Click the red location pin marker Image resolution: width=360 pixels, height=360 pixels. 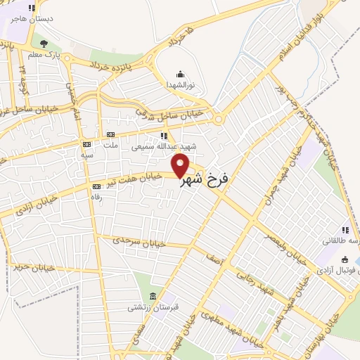(x=181, y=167)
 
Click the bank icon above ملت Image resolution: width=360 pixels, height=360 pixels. (x=110, y=134)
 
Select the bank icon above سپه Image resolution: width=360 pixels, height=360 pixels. (x=86, y=144)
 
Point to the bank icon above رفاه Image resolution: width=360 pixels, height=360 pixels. (x=96, y=186)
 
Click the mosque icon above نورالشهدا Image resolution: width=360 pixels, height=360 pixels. (x=180, y=74)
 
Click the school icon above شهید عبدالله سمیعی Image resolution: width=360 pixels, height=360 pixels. (x=164, y=136)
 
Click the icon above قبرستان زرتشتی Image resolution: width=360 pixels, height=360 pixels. (x=153, y=295)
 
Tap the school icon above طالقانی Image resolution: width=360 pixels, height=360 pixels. (x=345, y=230)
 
